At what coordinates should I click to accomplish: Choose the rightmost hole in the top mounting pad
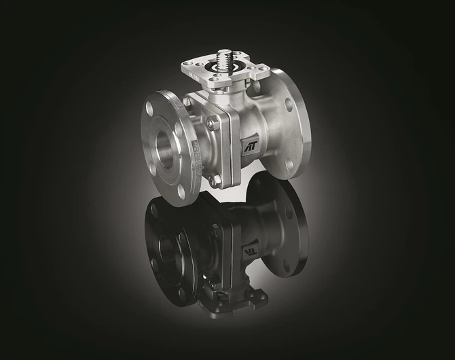259,71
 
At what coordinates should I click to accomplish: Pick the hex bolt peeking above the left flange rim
187,102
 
